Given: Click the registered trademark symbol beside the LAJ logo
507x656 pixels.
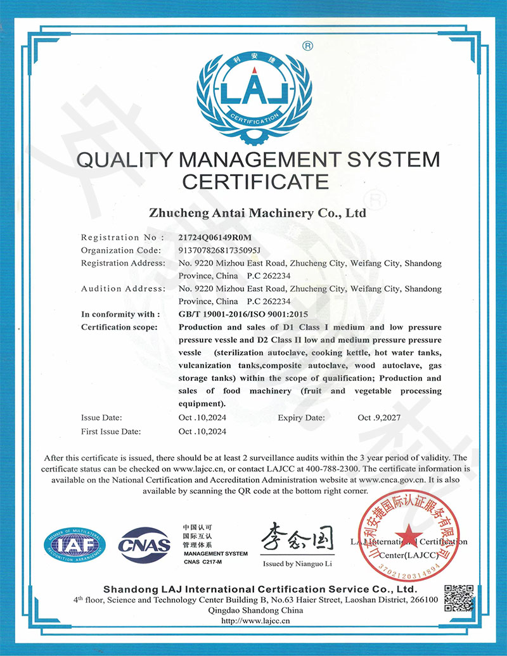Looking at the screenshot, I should pyautogui.click(x=307, y=46).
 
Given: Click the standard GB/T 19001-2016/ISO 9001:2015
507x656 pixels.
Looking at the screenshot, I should pyautogui.click(x=243, y=314).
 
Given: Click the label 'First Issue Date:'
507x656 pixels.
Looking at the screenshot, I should pyautogui.click(x=112, y=431).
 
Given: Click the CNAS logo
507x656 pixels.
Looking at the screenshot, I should pyautogui.click(x=145, y=544).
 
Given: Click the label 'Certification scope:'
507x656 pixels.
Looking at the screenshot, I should pyautogui.click(x=118, y=327).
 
